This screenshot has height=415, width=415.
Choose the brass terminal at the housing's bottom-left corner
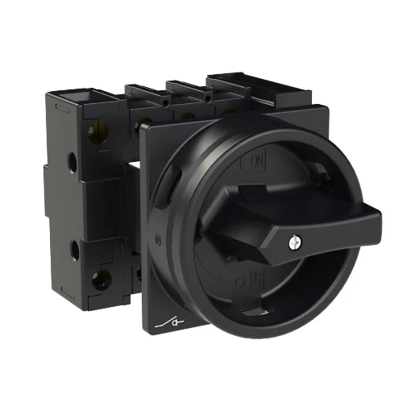click(x=101, y=280)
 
